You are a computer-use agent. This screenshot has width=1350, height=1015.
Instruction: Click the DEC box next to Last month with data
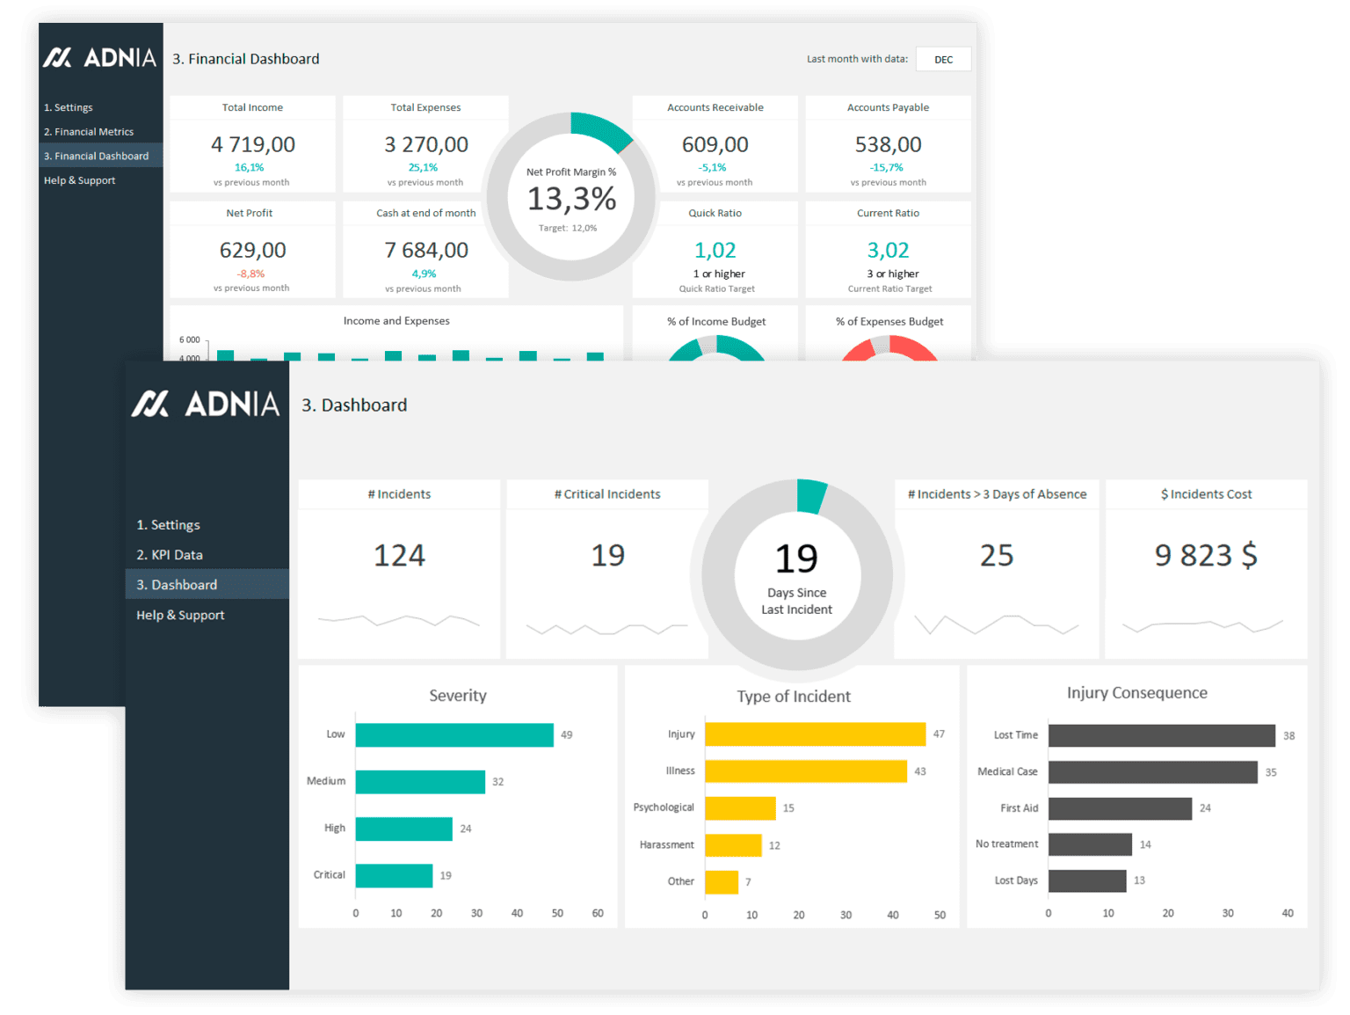943,60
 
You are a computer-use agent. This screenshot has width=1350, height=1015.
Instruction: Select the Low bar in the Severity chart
454,734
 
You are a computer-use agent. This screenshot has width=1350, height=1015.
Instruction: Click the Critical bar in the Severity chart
394,875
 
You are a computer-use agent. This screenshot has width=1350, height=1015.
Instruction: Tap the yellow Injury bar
815,734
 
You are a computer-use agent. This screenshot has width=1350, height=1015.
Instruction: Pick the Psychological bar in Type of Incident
740,808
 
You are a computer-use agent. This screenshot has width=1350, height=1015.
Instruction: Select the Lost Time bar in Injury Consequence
1161,735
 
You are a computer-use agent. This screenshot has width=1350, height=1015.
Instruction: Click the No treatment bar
1090,844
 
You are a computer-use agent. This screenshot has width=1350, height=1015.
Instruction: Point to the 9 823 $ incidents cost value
1206,555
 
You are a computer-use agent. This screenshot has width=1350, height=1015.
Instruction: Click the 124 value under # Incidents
399,555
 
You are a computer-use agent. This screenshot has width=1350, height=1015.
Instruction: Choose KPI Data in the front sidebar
170,555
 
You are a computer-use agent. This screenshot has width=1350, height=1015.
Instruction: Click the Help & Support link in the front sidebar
180,615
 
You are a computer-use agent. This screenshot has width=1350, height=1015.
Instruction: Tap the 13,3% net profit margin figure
571,200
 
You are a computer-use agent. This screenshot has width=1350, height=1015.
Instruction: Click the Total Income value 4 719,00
253,144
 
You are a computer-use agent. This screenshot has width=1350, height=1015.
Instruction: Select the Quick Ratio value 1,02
715,251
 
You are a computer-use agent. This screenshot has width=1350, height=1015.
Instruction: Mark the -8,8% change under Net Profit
250,274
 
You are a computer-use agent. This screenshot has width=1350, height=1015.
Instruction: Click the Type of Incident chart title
793,697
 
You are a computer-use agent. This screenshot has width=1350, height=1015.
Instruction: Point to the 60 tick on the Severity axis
598,913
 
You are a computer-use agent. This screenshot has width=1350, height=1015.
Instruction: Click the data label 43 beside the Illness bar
920,771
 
